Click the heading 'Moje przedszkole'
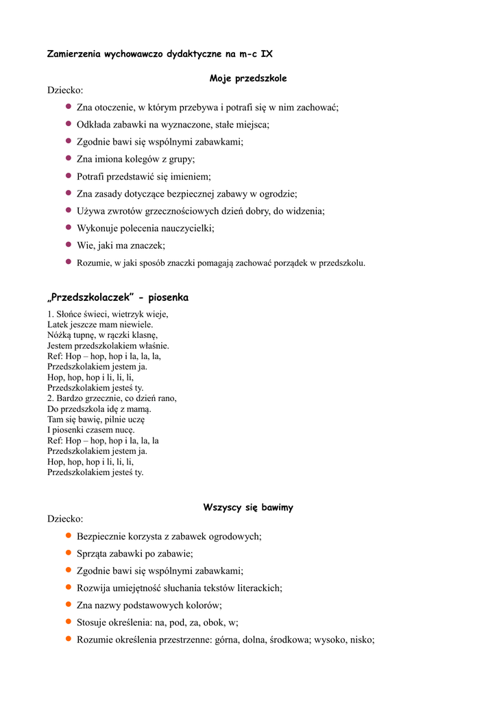(x=247, y=79)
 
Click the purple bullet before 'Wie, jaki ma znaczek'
(x=69, y=244)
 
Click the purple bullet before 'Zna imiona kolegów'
(x=69, y=158)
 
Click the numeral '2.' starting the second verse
(x=51, y=398)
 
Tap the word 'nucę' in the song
(x=122, y=430)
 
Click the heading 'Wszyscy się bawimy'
(x=247, y=507)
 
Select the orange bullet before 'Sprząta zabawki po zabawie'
(x=69, y=553)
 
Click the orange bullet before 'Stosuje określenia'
(x=69, y=622)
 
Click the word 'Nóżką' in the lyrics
(x=60, y=335)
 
